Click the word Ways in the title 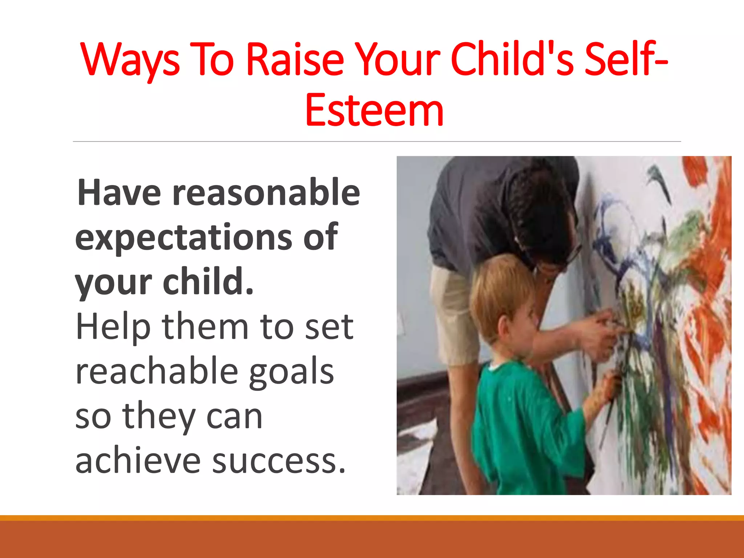[x=130, y=60]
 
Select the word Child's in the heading [x=512, y=60]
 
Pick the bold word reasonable [x=266, y=193]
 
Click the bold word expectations [x=183, y=237]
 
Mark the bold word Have [x=119, y=193]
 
